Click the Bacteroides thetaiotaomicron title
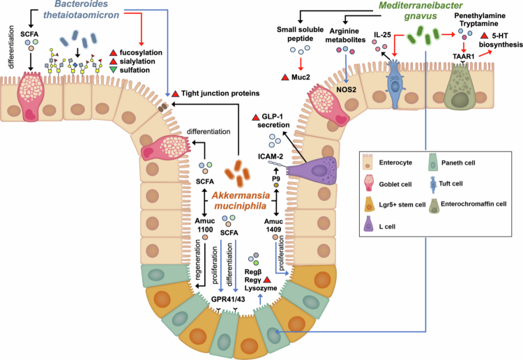click(81, 10)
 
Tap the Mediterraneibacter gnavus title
click(420, 10)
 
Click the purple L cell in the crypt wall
click(312, 170)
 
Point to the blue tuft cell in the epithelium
click(395, 84)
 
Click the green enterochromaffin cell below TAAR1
click(460, 87)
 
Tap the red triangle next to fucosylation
click(114, 53)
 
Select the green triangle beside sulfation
click(114, 70)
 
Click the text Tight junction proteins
click(220, 93)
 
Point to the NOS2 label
click(346, 90)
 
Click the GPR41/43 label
click(228, 299)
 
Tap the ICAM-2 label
click(271, 156)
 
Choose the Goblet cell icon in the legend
click(369, 183)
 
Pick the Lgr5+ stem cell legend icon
click(369, 204)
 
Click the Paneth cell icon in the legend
click(433, 162)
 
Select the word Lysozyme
click(261, 288)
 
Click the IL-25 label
click(382, 35)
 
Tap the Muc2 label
click(301, 77)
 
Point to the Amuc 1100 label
click(205, 225)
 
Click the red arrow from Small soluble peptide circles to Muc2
click(301, 63)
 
